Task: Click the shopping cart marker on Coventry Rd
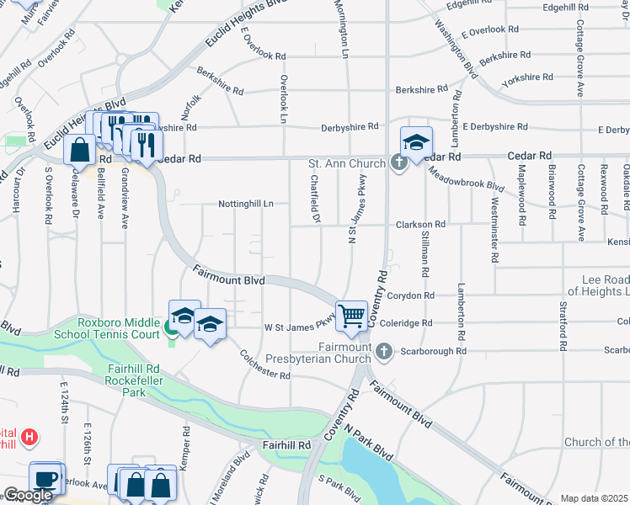(352, 316)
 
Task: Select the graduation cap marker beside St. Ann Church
(416, 142)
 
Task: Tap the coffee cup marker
(45, 478)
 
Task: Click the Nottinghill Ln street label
(246, 204)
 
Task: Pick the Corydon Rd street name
(412, 295)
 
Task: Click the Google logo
(28, 496)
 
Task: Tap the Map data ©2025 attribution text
(595, 498)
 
